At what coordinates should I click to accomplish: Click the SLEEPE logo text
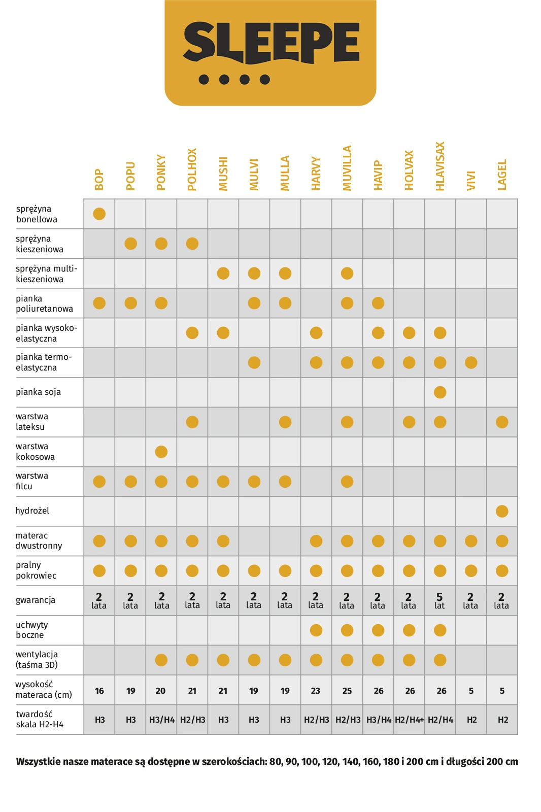tap(271, 43)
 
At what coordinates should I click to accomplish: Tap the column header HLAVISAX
tap(440, 166)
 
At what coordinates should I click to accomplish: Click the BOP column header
tap(99, 180)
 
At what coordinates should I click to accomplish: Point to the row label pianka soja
tap(38, 392)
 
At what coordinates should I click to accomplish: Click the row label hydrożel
tap(32, 511)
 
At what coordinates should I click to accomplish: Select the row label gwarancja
tap(36, 600)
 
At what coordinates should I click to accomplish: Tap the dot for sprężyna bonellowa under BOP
tap(99, 214)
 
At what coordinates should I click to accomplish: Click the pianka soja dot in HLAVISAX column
tap(440, 392)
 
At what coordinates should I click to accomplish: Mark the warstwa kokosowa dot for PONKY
tap(161, 452)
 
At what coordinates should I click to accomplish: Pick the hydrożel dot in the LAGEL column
tap(502, 511)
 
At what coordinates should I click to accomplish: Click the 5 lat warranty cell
tap(439, 601)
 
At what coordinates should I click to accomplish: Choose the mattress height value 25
tap(347, 691)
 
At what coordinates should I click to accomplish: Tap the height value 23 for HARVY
tap(316, 691)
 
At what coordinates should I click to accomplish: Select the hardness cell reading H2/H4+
tap(410, 720)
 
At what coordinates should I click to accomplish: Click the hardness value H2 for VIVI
tap(471, 720)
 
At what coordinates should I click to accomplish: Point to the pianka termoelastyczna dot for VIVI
tap(471, 363)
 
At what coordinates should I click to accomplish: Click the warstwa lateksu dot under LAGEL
tap(502, 422)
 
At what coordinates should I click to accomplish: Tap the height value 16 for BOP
tap(99, 691)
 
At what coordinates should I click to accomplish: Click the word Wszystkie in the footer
tap(39, 762)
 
